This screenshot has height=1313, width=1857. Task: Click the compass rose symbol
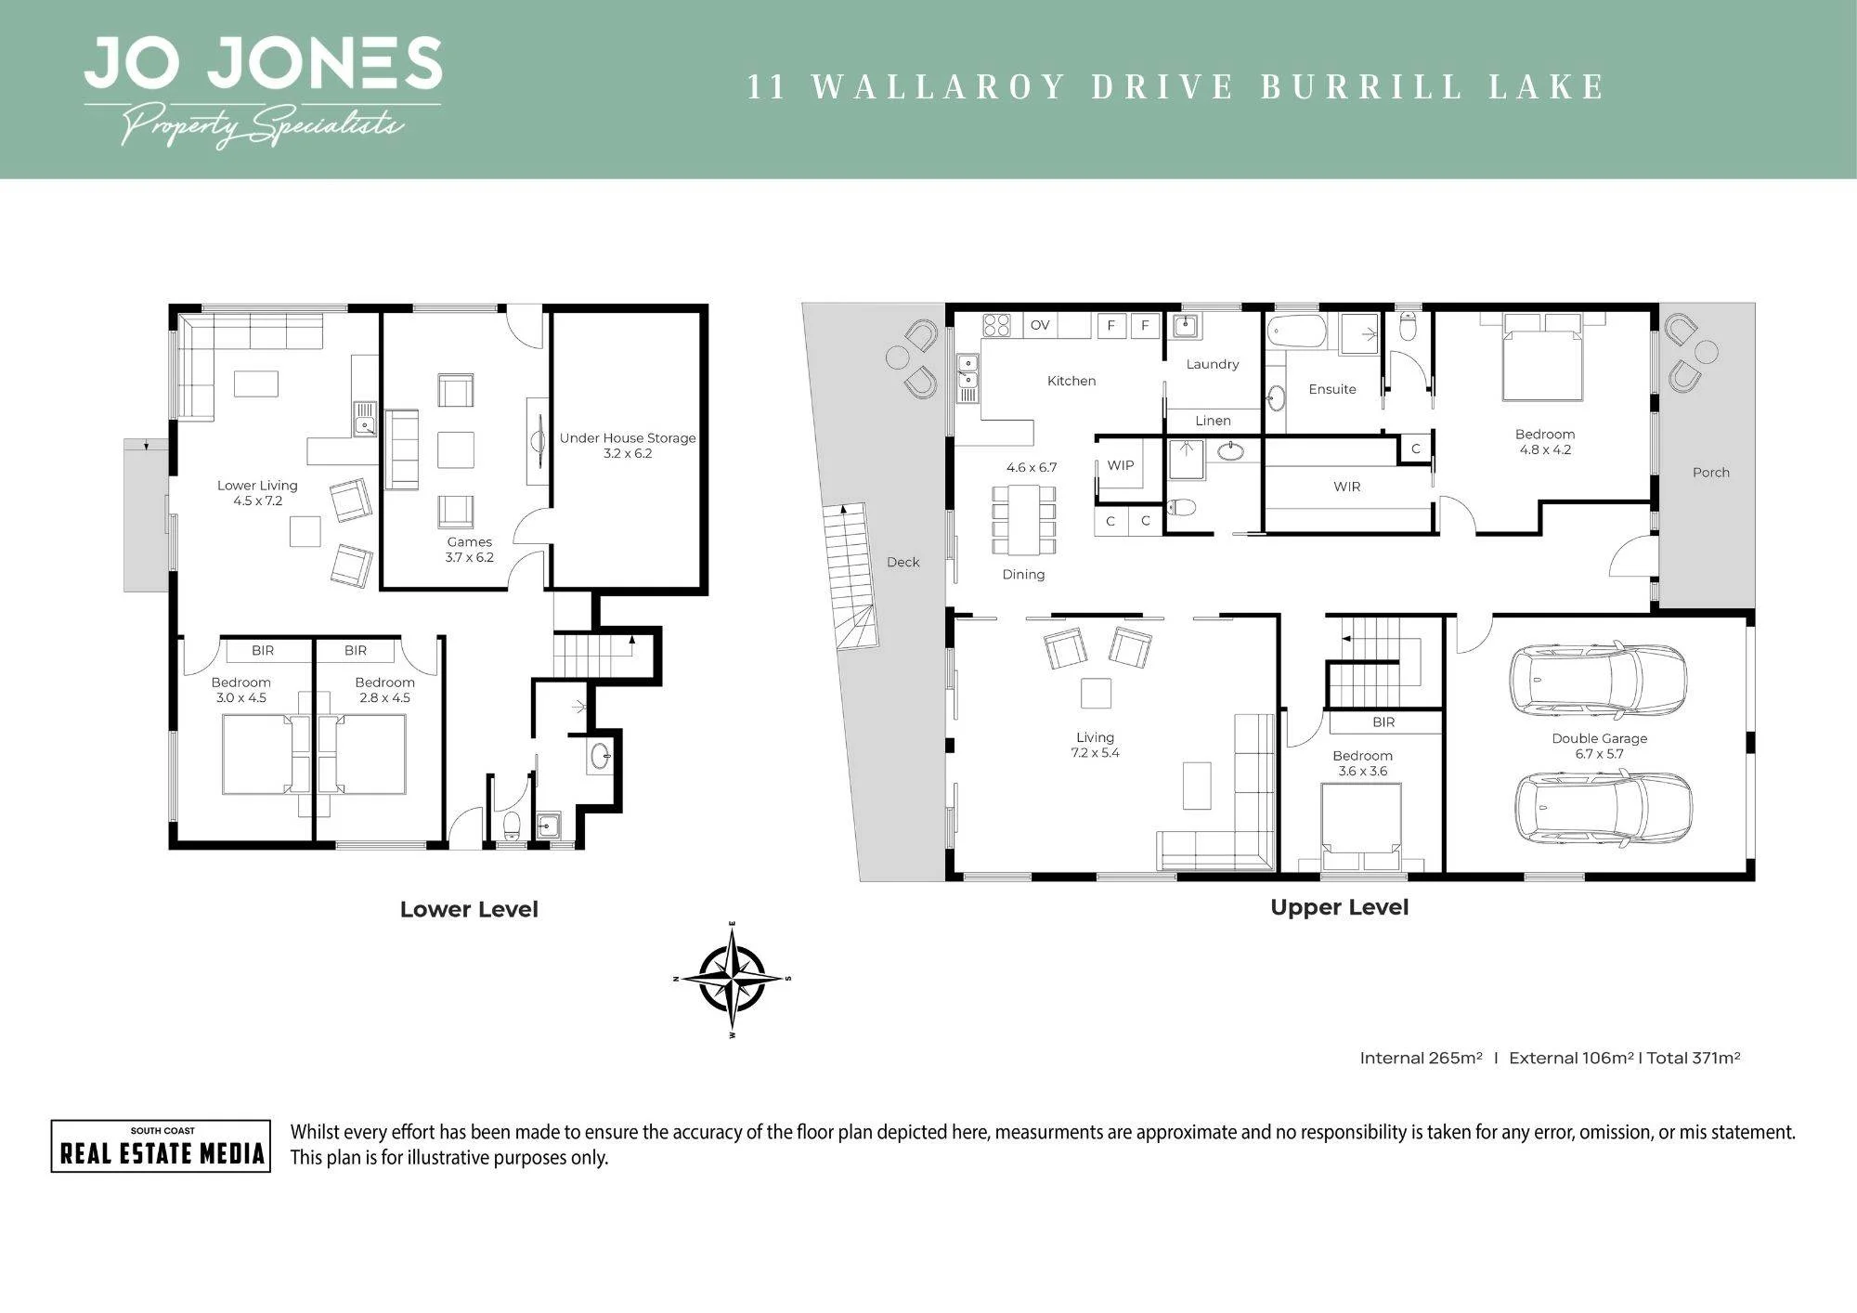[733, 979]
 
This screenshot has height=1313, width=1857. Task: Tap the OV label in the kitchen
[1040, 325]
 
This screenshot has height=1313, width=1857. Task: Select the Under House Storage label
[628, 438]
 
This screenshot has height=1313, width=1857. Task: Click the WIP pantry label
[1121, 465]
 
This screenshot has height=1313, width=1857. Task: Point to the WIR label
[1347, 487]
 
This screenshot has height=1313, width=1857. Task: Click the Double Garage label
[1600, 738]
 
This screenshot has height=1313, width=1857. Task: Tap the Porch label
[1711, 473]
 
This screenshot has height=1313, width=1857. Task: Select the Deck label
[903, 562]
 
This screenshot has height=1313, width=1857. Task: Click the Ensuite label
[1332, 389]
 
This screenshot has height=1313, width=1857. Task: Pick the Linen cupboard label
[1213, 421]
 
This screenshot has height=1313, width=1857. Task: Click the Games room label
[470, 541]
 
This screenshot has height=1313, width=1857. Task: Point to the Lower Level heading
[469, 909]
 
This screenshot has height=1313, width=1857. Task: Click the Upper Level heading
[1339, 907]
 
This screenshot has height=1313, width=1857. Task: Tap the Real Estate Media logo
[161, 1146]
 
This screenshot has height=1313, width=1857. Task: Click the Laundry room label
[1213, 364]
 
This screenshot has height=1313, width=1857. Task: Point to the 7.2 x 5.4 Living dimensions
[1096, 753]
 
